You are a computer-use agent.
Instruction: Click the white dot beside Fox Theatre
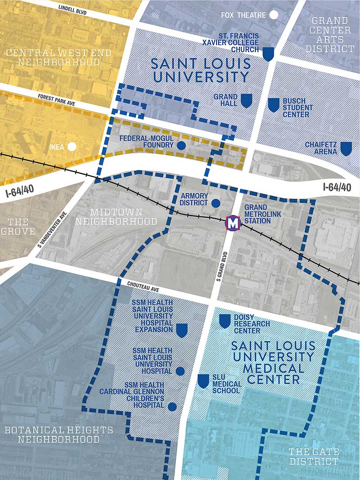click(x=274, y=15)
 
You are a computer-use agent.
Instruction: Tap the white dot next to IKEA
click(x=72, y=146)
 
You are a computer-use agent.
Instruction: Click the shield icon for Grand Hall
click(x=246, y=100)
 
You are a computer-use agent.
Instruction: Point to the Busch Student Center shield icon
click(x=274, y=105)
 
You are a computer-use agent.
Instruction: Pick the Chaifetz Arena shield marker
click(x=346, y=148)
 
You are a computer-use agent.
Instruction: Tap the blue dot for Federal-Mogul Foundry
click(x=181, y=145)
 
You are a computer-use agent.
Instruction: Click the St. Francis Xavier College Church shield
click(x=268, y=54)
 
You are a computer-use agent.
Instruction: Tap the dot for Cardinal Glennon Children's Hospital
click(x=172, y=407)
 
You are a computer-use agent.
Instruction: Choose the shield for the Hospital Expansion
click(x=181, y=330)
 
